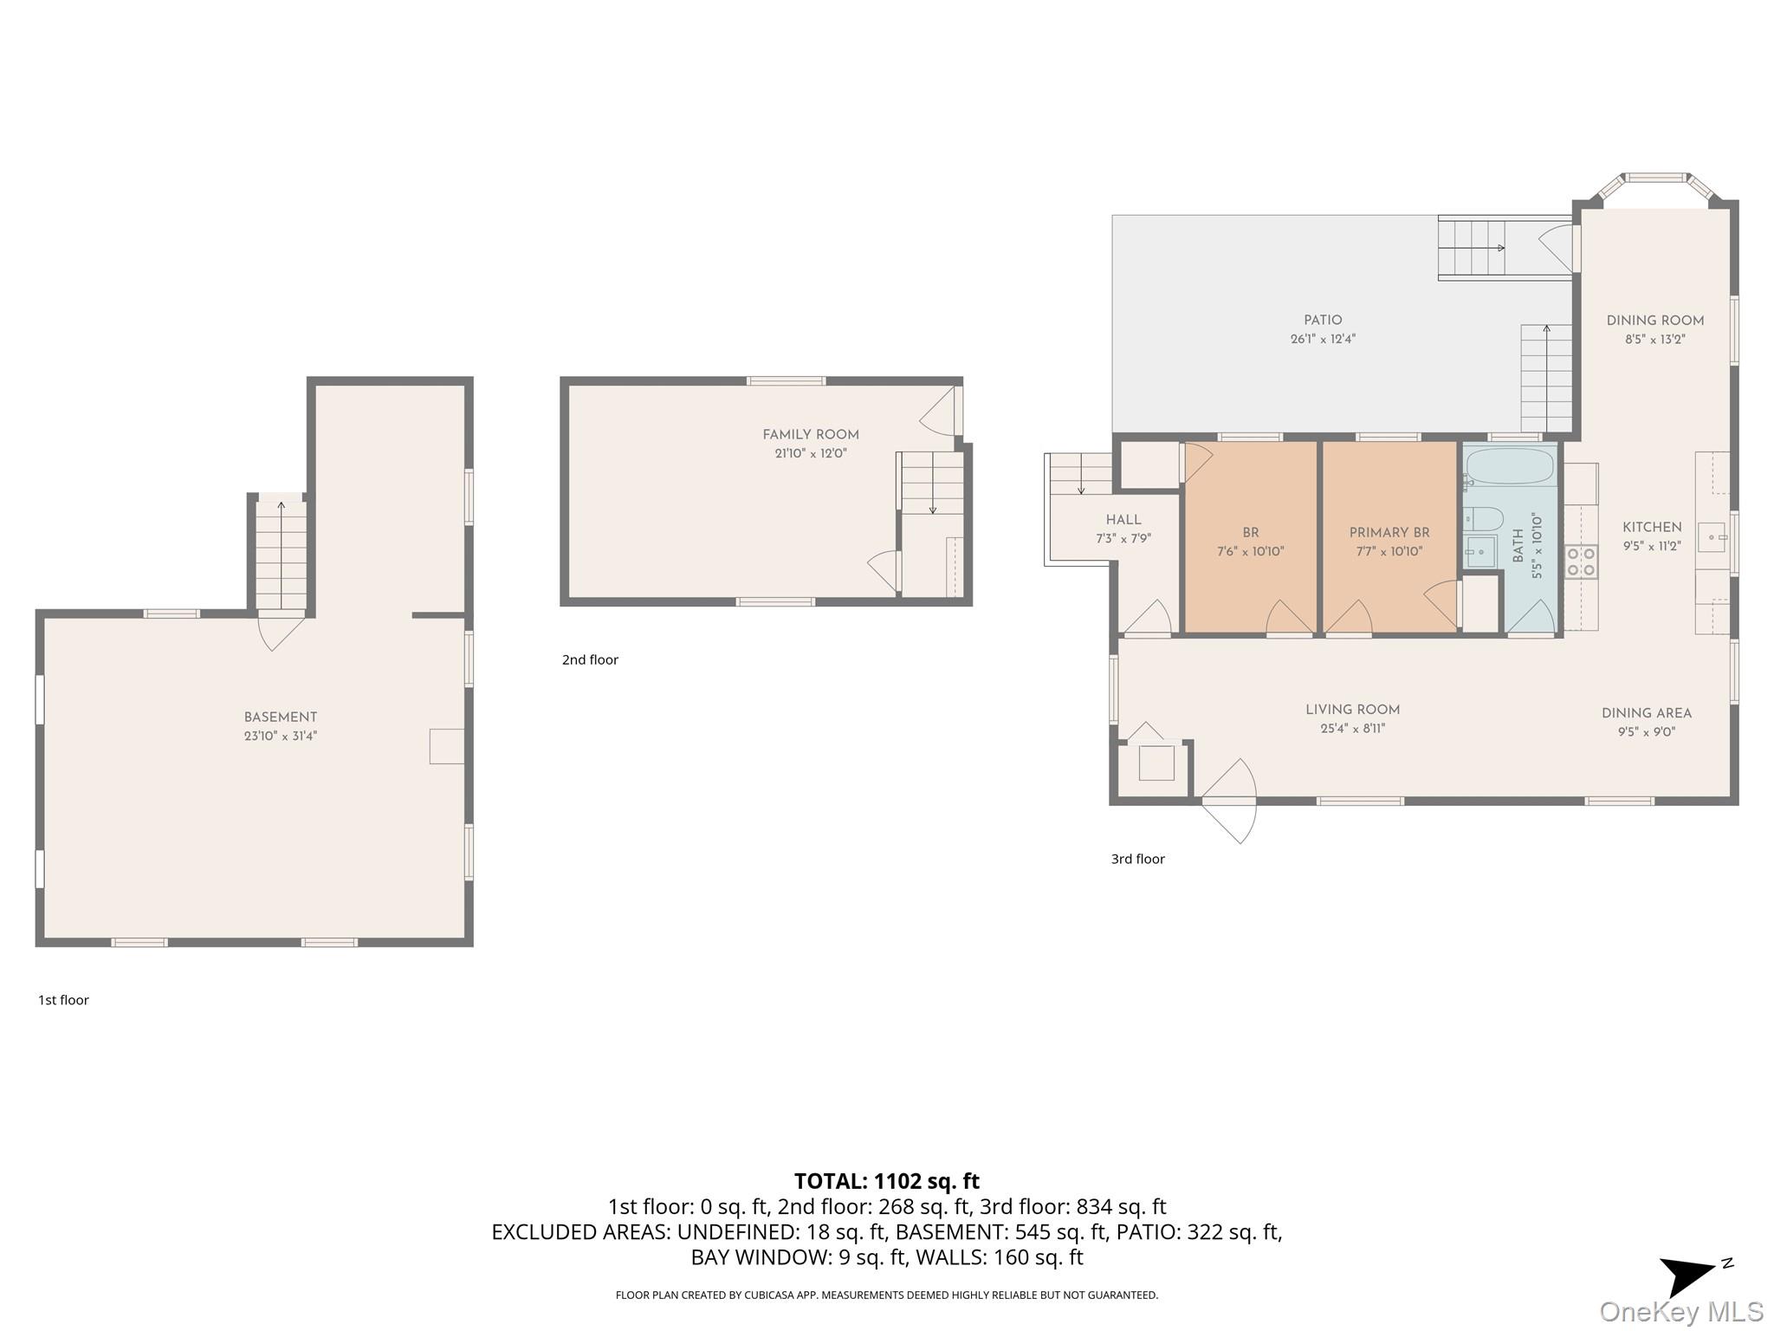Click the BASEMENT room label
click(x=280, y=717)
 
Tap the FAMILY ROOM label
click(x=811, y=435)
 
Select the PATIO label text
click(x=1323, y=321)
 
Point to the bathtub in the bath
click(x=1510, y=466)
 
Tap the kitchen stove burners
click(x=1582, y=562)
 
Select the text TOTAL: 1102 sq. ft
click(x=887, y=1181)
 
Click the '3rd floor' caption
click(x=1138, y=859)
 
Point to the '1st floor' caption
click(x=63, y=1000)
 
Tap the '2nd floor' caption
click(x=590, y=659)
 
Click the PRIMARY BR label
click(x=1389, y=533)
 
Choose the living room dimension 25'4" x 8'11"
click(x=1353, y=729)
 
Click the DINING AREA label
click(x=1647, y=713)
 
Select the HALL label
click(x=1123, y=520)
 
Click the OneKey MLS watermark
click(x=1681, y=1312)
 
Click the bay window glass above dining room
click(x=1655, y=178)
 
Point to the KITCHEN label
click(x=1652, y=527)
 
